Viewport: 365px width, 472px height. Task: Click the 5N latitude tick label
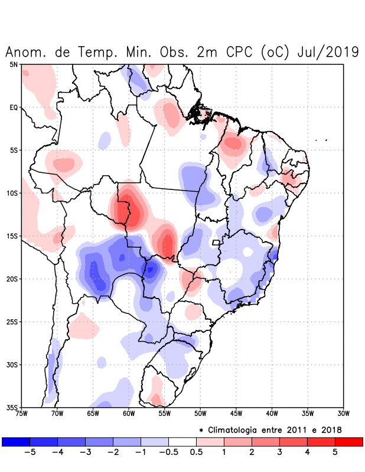pyautogui.click(x=14, y=64)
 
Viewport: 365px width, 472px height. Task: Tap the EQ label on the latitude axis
pyautogui.click(x=14, y=107)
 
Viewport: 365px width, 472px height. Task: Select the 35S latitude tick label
pyautogui.click(x=12, y=408)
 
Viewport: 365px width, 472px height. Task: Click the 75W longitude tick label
pyautogui.click(x=21, y=414)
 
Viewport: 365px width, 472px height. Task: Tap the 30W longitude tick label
pyautogui.click(x=343, y=414)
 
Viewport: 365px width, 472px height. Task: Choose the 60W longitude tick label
pyautogui.click(x=128, y=414)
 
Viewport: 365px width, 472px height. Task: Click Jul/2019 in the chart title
pyautogui.click(x=324, y=52)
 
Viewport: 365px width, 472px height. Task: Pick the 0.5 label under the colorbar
pyautogui.click(x=196, y=453)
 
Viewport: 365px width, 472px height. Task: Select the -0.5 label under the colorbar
pyautogui.click(x=167, y=453)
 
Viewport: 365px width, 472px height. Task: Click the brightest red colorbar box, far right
pyautogui.click(x=348, y=441)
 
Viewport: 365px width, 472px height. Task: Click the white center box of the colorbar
pyautogui.click(x=182, y=441)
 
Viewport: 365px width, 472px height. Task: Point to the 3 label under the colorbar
pyautogui.click(x=279, y=453)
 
